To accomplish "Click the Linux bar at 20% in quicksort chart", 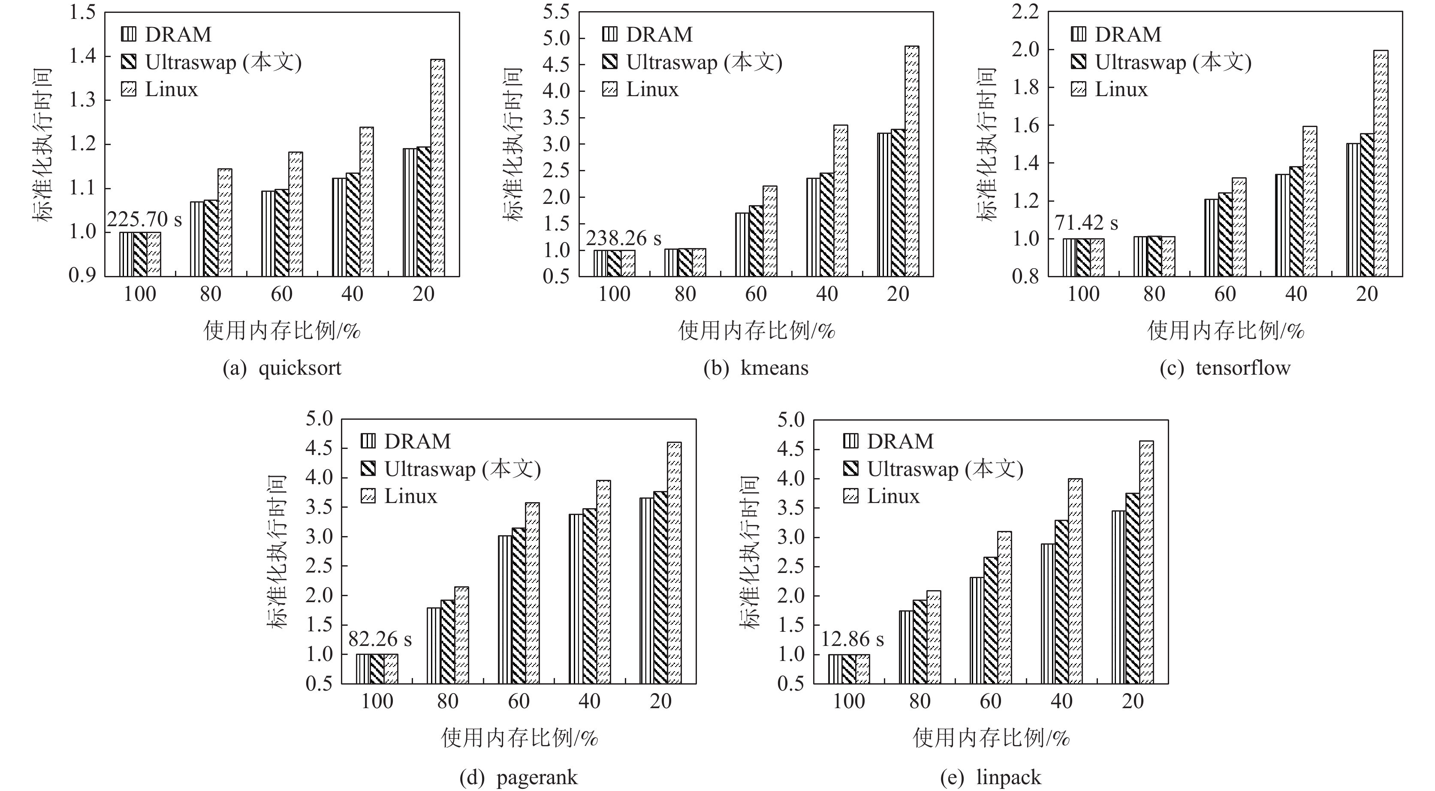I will pyautogui.click(x=437, y=167).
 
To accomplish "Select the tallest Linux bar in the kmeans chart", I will pyautogui.click(x=911, y=162).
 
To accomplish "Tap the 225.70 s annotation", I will pyautogui.click(x=144, y=220).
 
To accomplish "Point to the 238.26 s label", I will pyautogui.click(x=623, y=239).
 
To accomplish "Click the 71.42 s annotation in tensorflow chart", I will pyautogui.click(x=1086, y=223).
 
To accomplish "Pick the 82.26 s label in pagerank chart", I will pyautogui.click(x=380, y=639).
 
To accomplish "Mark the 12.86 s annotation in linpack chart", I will pyautogui.click(x=852, y=639).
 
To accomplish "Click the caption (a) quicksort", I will pyautogui.click(x=282, y=368).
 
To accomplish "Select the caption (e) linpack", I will pyautogui.click(x=990, y=777).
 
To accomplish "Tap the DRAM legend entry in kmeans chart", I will pyautogui.click(x=648, y=35).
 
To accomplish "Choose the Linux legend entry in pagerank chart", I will pyautogui.click(x=399, y=496).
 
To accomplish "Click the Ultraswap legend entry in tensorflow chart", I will pyautogui.click(x=1161, y=62).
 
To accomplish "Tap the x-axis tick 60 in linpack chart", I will pyautogui.click(x=990, y=701).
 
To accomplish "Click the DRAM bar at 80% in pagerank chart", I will pyautogui.click(x=434, y=646).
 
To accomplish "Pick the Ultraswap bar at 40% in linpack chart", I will pyautogui.click(x=1061, y=602).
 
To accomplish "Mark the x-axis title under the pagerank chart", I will pyautogui.click(x=519, y=738).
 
